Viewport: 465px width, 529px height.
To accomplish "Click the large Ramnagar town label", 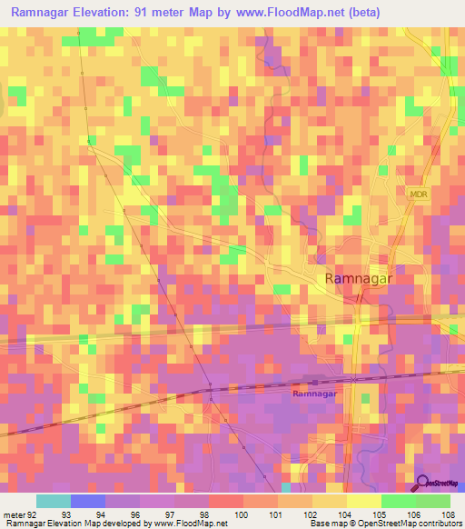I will [x=359, y=279].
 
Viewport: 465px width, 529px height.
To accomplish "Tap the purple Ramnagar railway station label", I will [x=315, y=394].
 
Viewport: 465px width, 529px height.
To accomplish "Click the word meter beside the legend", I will [x=13, y=514].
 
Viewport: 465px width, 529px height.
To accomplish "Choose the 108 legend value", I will [x=447, y=514].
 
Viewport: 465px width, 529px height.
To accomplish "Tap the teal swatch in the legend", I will [x=54, y=501].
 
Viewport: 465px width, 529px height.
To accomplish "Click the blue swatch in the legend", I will [x=88, y=501].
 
